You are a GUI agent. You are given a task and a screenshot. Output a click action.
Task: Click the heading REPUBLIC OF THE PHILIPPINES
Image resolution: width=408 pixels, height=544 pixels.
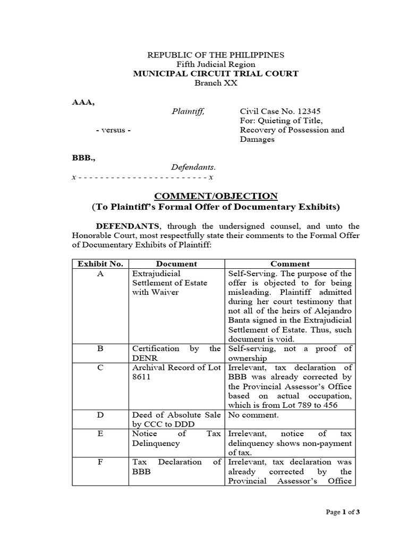216,55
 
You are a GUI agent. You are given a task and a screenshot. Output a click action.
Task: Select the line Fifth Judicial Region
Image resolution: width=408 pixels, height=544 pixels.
216,64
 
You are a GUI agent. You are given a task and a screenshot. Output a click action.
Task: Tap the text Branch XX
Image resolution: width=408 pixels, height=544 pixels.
216,83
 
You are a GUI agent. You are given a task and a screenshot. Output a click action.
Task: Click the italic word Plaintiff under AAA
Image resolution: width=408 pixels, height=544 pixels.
187,111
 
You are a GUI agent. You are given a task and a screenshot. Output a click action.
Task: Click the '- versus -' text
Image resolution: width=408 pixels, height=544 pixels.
113,130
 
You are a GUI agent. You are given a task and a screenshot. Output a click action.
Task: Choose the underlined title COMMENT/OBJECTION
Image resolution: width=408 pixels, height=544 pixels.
216,195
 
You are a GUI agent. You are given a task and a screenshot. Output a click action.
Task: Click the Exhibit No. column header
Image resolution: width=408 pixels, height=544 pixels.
100,263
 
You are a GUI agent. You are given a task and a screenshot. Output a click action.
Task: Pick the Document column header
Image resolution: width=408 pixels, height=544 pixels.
176,263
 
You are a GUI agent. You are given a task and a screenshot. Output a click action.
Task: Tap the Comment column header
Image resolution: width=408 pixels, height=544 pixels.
290,263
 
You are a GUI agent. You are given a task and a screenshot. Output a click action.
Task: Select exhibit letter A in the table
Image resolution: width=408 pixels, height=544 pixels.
100,273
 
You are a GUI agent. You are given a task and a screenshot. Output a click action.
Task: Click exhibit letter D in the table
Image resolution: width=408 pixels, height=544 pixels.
100,415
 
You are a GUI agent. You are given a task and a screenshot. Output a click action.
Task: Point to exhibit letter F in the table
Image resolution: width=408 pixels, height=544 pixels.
100,462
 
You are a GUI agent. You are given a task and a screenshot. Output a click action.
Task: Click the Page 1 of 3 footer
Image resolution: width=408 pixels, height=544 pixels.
343,512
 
